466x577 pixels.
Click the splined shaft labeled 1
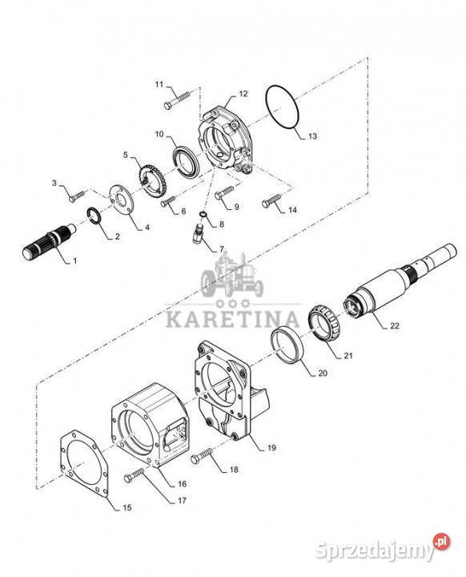coord(49,241)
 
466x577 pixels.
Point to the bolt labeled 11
coord(177,100)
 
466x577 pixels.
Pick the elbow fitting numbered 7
coord(198,232)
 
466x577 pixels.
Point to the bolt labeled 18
coord(202,455)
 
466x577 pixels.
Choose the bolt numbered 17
coord(135,474)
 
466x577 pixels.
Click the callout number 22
coord(394,325)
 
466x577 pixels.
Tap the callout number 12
coord(243,94)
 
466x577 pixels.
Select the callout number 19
coord(271,447)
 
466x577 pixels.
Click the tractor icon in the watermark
coord(232,274)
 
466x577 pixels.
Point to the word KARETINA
coord(232,318)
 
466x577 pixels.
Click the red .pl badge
coord(442,542)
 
